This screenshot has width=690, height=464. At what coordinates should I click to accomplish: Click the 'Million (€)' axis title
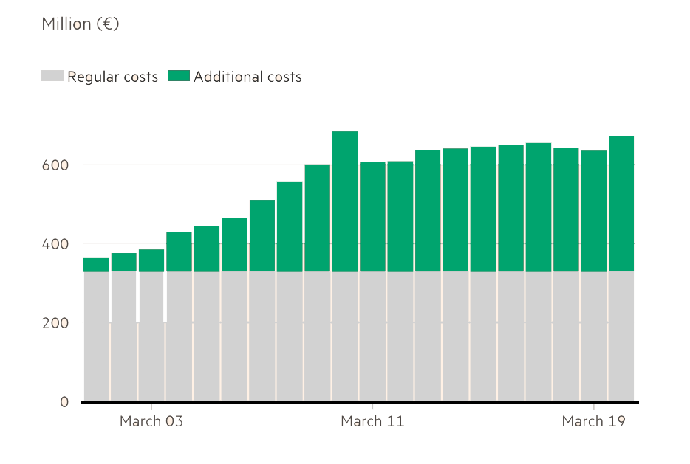81,24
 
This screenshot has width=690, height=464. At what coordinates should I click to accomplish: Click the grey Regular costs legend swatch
52,76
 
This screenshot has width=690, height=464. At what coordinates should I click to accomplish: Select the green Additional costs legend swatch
179,76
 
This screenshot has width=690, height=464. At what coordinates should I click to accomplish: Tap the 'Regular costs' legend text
112,77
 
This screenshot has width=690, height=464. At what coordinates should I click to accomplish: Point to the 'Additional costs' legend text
247,77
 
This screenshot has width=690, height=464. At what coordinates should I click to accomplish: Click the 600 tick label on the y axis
55,165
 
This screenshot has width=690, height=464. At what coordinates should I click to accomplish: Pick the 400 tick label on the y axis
55,244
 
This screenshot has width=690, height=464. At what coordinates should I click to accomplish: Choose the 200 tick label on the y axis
55,323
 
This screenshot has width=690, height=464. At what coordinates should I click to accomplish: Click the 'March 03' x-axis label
151,421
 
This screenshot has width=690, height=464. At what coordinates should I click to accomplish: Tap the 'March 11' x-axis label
372,421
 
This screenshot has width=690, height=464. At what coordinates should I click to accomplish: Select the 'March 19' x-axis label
593,421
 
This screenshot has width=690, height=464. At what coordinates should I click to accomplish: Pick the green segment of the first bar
96,265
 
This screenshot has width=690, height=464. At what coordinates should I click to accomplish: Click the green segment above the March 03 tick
151,260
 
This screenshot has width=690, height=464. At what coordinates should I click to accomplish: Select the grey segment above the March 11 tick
372,336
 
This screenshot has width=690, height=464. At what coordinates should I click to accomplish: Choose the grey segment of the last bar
621,336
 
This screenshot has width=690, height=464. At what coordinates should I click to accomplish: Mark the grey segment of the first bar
96,336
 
